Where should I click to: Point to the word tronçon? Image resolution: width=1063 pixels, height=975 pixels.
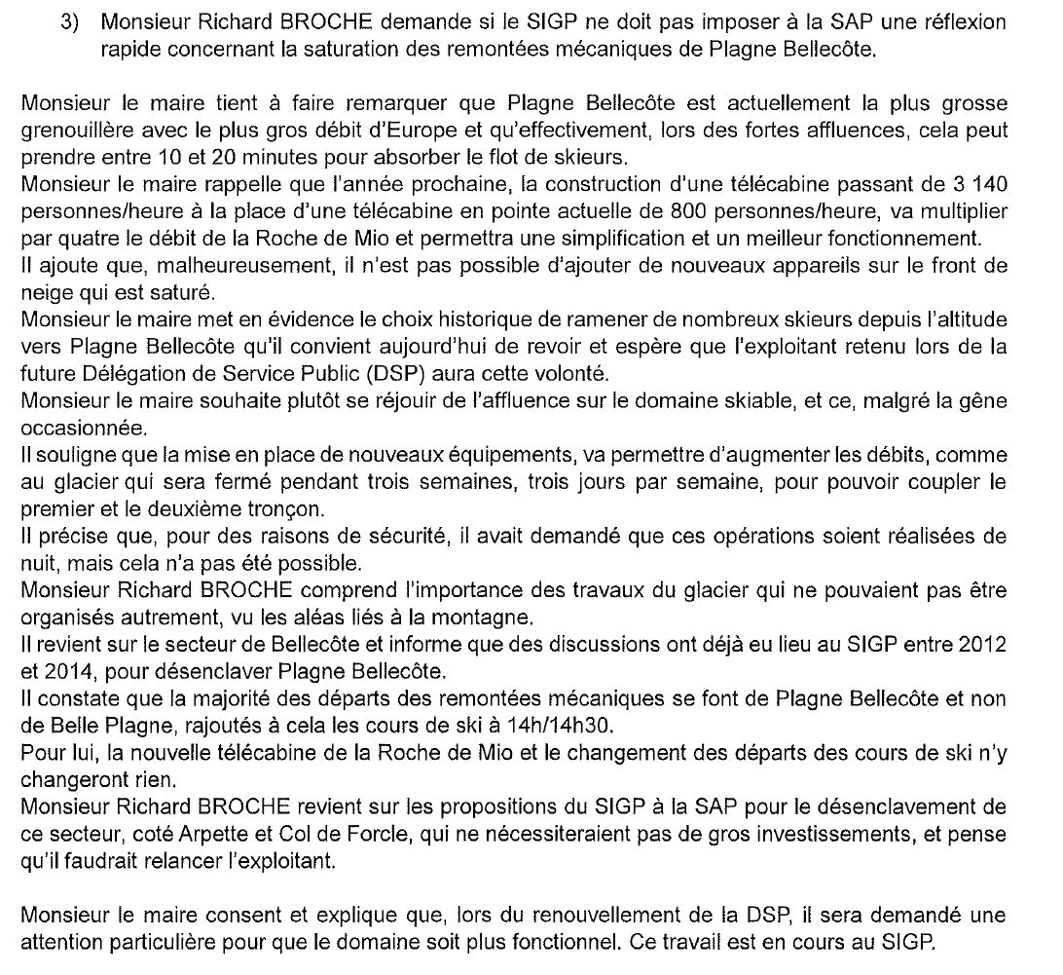tap(285, 509)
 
